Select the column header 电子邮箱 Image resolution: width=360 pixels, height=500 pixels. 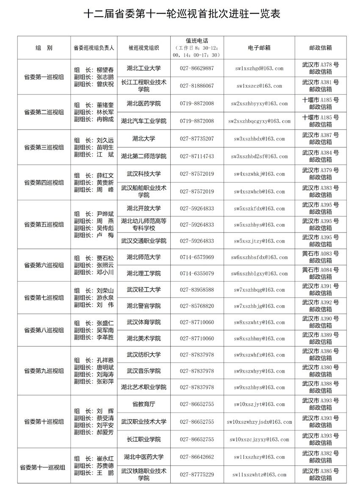coord(259,47)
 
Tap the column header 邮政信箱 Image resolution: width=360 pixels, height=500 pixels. coord(320,47)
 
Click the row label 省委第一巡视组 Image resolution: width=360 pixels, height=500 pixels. coord(44,77)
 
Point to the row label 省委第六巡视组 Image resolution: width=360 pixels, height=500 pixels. coord(44,265)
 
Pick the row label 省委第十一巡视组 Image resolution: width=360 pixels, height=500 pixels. coord(44,467)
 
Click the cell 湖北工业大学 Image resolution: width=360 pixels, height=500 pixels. coord(144,68)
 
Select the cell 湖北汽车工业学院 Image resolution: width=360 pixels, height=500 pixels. coord(144,121)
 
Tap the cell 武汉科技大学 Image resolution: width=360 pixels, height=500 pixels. coord(144,174)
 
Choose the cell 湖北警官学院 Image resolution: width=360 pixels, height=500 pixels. coord(144,306)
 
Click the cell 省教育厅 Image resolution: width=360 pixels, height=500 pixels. coord(144,404)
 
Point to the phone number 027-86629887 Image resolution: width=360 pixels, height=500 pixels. coord(197,68)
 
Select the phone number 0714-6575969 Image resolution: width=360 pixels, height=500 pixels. coord(197,257)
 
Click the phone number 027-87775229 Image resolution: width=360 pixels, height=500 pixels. coord(197,475)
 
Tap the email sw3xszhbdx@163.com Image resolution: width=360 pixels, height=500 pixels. coord(259,139)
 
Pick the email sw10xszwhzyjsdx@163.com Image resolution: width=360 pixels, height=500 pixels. coord(259,422)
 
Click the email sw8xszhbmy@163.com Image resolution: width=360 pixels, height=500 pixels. coord(259,339)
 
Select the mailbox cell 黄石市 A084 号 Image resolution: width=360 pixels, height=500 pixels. coord(320,273)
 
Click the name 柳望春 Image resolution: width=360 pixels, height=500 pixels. coord(105,70)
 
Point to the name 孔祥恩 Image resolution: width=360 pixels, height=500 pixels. coord(105,360)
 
